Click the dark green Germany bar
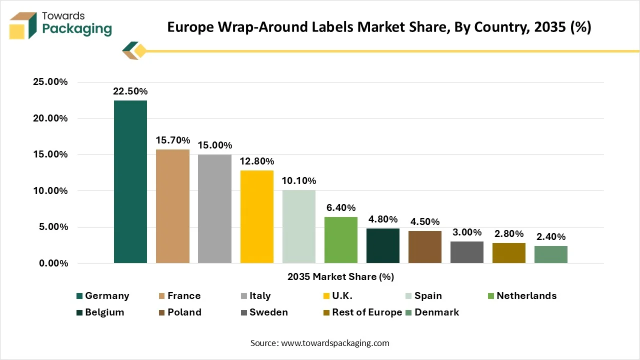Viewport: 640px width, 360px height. pyautogui.click(x=130, y=181)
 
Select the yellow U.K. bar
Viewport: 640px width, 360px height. pyautogui.click(x=257, y=217)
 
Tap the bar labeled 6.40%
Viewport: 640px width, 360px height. pyautogui.click(x=341, y=240)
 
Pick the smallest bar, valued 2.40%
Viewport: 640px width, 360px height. pyautogui.click(x=551, y=254)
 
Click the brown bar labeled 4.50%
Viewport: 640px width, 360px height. pyautogui.click(x=425, y=247)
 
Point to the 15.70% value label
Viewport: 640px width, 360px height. pyautogui.click(x=172, y=140)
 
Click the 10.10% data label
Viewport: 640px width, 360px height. pyautogui.click(x=299, y=180)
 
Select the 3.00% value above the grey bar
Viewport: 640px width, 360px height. pyautogui.click(x=467, y=232)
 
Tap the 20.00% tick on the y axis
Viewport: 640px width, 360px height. pyautogui.click(x=50, y=118)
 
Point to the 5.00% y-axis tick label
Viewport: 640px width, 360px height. pyautogui.click(x=53, y=227)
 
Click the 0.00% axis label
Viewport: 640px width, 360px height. pyautogui.click(x=53, y=263)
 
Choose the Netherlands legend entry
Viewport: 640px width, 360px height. pyautogui.click(x=522, y=295)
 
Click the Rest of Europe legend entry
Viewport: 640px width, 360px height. pyautogui.click(x=362, y=312)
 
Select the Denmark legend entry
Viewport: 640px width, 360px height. pyautogui.click(x=432, y=312)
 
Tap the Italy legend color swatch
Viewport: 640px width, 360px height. pyautogui.click(x=243, y=296)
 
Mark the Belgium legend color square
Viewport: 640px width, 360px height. pyautogui.click(x=79, y=312)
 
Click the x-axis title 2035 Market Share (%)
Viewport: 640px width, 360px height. pyautogui.click(x=340, y=276)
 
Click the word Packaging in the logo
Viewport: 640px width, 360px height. pyautogui.click(x=77, y=29)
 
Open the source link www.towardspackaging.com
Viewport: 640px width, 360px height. pyautogui.click(x=335, y=343)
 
